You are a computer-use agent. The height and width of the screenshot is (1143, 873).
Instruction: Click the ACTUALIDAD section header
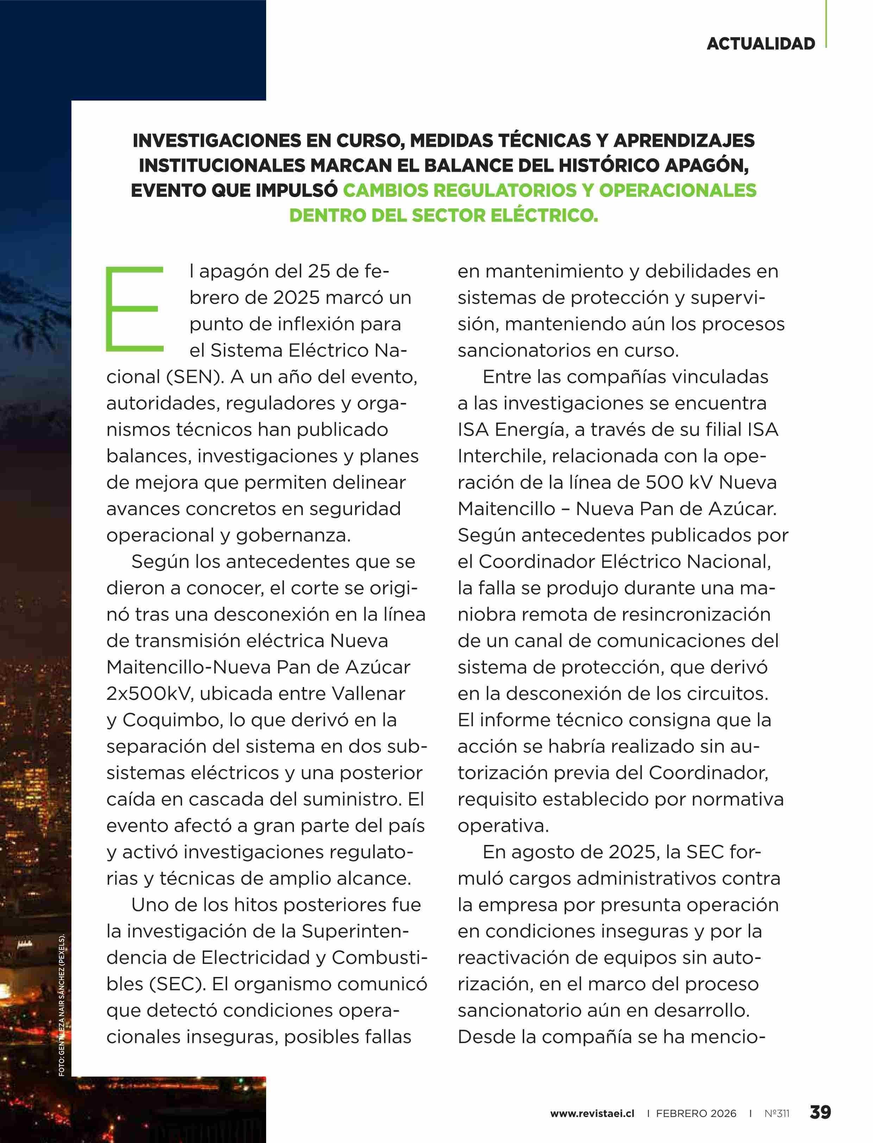760,44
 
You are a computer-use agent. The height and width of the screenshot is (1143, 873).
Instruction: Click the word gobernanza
293,535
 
